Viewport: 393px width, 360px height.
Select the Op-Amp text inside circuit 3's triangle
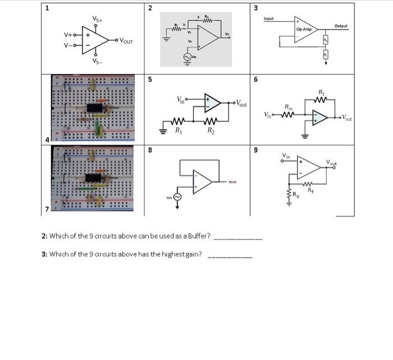point(304,29)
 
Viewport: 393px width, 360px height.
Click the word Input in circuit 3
point(269,19)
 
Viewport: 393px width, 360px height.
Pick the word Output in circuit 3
point(340,26)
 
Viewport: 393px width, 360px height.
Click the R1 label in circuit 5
point(179,131)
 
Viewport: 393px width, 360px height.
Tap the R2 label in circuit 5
point(211,131)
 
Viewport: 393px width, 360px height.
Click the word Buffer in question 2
point(197,235)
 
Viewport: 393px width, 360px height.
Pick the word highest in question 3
point(170,254)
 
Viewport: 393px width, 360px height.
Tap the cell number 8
point(149,150)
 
